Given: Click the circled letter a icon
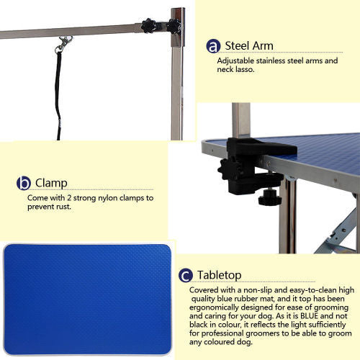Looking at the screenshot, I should (213, 46).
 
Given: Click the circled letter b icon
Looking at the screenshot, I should (24, 183).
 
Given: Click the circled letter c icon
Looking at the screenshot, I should (186, 275).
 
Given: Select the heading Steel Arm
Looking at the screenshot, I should (249, 46).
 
